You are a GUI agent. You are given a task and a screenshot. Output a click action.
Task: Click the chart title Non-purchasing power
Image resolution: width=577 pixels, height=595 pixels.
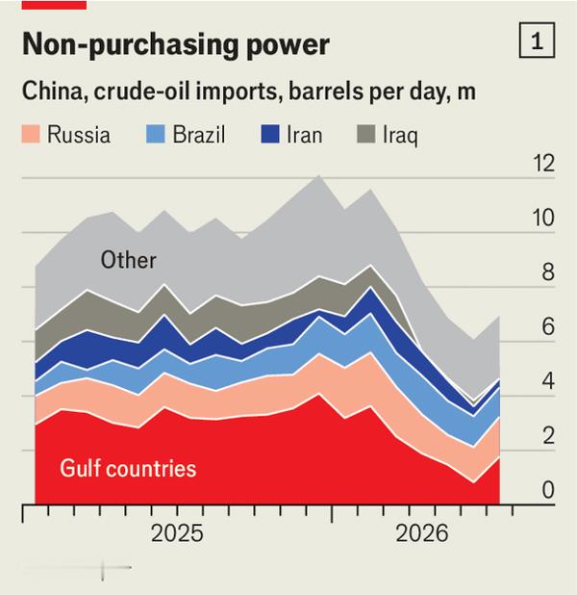(176, 44)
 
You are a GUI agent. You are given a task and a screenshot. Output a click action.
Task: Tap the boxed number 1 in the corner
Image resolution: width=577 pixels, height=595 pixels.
(537, 40)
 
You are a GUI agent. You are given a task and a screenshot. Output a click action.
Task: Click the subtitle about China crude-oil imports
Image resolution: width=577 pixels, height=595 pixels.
(249, 91)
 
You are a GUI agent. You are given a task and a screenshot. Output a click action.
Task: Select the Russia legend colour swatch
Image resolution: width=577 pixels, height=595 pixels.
(31, 134)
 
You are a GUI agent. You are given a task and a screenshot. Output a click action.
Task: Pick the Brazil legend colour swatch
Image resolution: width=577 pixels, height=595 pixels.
(156, 134)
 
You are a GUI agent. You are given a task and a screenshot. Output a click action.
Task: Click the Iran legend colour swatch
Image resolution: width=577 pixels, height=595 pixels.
(270, 134)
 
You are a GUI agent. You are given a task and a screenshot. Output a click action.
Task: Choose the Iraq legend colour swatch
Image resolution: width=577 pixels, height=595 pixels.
(366, 134)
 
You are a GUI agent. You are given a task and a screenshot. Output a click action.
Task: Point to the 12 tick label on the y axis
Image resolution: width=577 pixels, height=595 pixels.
(543, 164)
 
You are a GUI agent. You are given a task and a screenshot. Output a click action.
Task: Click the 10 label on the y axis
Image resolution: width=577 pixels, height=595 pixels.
(543, 218)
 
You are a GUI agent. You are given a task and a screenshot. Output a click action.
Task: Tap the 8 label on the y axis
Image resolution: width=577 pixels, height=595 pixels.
(548, 272)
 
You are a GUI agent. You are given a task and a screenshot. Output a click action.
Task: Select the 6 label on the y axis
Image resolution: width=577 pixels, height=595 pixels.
(548, 326)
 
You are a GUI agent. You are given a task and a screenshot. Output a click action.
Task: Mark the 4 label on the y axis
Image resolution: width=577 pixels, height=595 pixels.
(548, 381)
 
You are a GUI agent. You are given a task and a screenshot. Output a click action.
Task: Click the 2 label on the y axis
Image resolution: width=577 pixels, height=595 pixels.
(548, 435)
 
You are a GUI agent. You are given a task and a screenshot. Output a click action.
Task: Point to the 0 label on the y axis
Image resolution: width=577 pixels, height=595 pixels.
(548, 490)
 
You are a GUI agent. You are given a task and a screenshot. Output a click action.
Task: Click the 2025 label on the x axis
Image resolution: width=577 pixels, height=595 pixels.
(177, 533)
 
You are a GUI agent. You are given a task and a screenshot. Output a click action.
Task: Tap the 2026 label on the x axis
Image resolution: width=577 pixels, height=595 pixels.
(422, 533)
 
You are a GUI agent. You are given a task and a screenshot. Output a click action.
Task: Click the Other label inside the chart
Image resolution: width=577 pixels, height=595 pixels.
(129, 260)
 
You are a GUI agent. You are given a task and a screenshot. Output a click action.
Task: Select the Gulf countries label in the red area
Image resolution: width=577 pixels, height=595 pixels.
(128, 468)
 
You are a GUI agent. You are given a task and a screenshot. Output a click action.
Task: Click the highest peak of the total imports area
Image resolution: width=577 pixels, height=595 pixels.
(319, 175)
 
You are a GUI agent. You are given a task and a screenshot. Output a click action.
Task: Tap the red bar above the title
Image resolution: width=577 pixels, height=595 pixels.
(54, 5)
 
